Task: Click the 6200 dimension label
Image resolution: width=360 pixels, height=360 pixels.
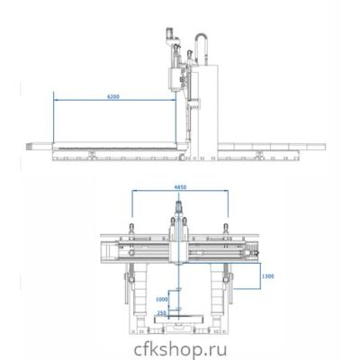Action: point(113,96)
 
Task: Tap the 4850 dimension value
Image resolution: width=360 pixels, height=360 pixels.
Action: point(180,187)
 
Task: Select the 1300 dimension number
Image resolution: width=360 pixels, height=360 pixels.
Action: point(267,276)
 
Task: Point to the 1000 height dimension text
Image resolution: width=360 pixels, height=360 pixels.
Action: point(162,299)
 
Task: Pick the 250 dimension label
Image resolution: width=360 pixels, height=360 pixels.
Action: point(162,313)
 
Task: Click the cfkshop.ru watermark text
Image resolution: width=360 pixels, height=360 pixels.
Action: point(180,350)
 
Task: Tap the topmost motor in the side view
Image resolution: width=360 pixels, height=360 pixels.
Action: point(170,33)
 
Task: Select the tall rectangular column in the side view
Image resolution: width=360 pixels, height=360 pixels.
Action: point(208,112)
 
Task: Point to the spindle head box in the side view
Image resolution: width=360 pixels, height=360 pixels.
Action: point(175,79)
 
